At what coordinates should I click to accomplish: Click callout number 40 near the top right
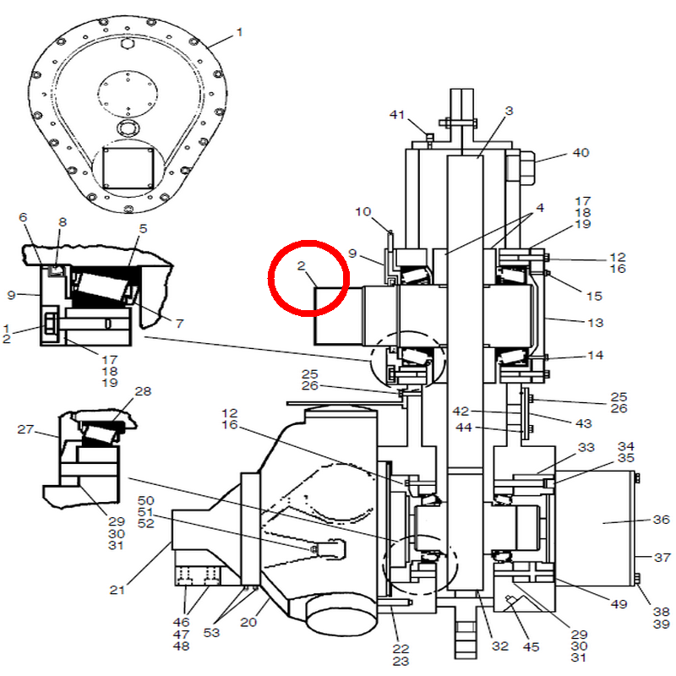pos(581,153)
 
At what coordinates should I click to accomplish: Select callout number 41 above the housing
pos(396,115)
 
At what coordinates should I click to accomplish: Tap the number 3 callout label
pos(510,111)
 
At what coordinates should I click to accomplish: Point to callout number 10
pos(363,212)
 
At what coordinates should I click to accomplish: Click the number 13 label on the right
pos(596,323)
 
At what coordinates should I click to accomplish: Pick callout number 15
pos(594,297)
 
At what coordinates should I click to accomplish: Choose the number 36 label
pos(662,520)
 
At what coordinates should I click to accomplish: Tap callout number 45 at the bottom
pos(532,646)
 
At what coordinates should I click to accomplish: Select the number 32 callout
pos(500,646)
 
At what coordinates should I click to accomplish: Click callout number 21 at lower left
pos(117,590)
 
